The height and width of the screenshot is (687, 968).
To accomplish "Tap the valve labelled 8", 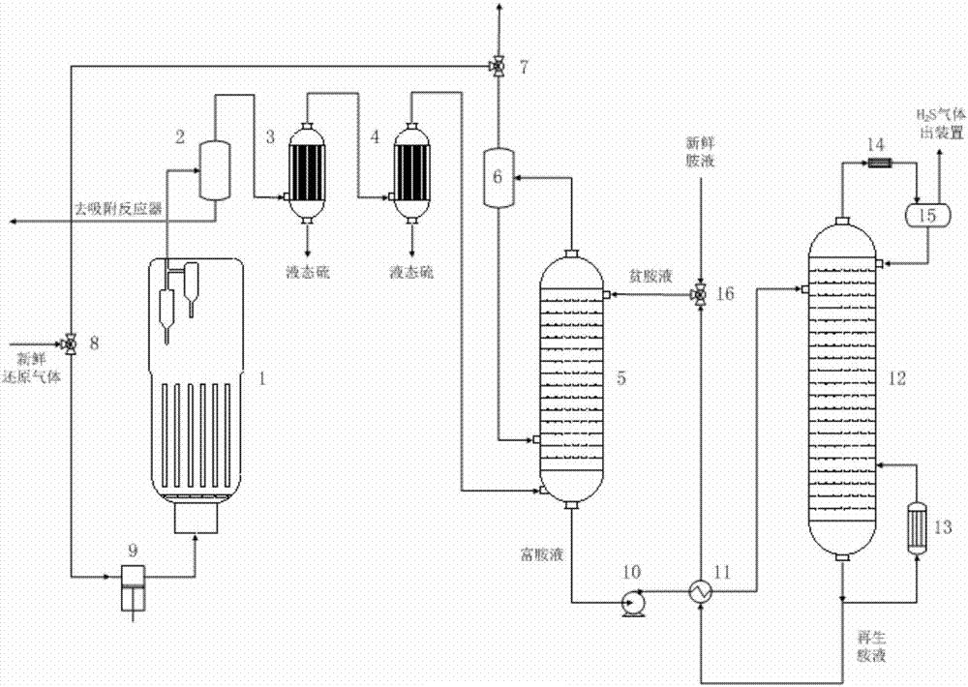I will (x=71, y=343).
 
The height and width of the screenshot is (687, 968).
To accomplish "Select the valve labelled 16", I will (x=699, y=294).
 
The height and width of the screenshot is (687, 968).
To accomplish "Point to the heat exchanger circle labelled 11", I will (x=699, y=592).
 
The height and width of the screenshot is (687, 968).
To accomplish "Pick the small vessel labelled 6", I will (x=499, y=177).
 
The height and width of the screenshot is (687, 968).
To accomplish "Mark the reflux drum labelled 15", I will (x=925, y=214).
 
